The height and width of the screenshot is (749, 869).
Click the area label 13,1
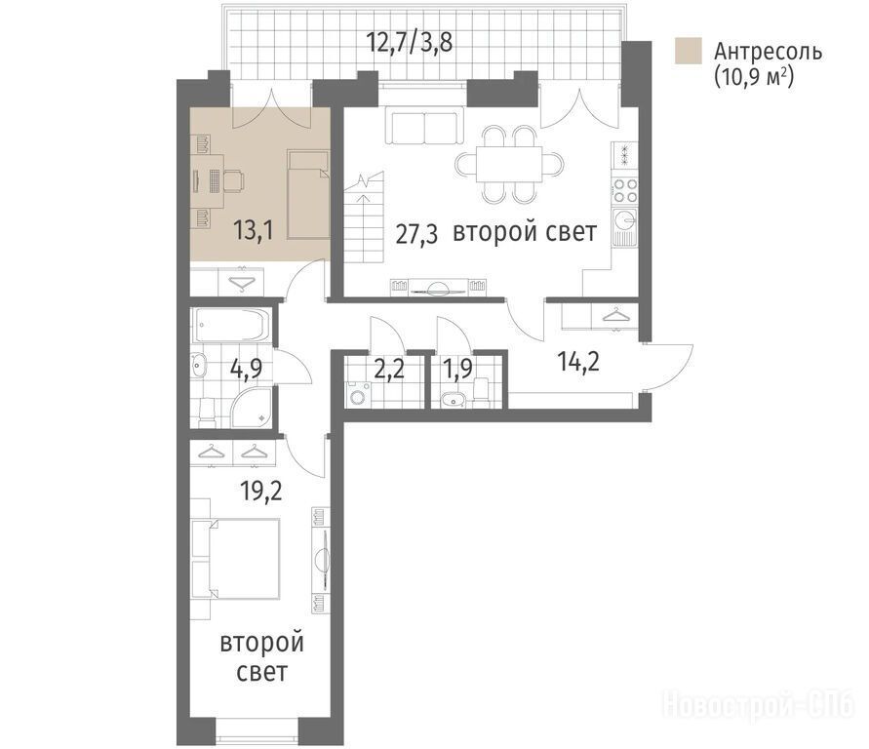click(254, 230)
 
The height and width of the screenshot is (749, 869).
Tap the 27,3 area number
click(416, 234)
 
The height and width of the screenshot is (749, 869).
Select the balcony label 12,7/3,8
click(410, 42)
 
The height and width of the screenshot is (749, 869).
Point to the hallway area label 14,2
click(578, 362)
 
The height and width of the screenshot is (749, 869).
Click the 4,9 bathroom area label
click(246, 368)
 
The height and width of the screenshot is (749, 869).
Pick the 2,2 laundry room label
click(389, 369)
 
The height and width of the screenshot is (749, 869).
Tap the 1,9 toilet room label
click(457, 369)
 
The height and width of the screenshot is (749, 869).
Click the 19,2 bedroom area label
click(261, 491)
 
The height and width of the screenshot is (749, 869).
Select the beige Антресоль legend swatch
click(689, 51)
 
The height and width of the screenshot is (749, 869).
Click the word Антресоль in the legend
click(769, 52)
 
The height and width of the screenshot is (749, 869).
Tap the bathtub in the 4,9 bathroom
click(231, 325)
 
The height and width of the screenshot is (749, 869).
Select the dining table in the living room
click(509, 164)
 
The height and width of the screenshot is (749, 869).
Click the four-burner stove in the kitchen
click(626, 190)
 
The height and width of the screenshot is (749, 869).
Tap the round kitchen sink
click(626, 221)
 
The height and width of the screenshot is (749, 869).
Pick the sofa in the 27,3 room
click(424, 128)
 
